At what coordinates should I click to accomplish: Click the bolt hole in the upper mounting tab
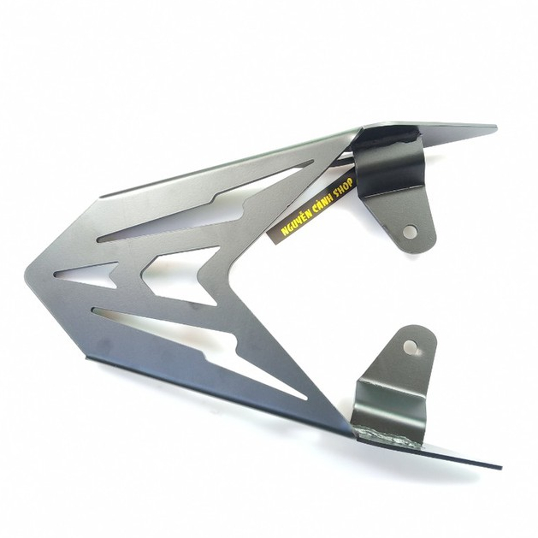(x=410, y=232)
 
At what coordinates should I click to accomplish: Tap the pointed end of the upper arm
(x=495, y=127)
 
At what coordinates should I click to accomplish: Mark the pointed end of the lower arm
(x=500, y=467)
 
